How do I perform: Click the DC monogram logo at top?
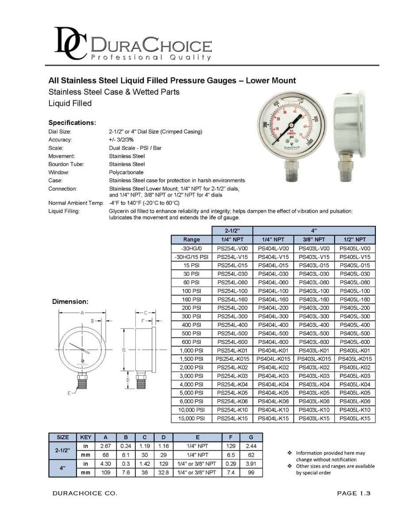pyautogui.click(x=71, y=43)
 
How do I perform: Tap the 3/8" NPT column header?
pyautogui.click(x=314, y=240)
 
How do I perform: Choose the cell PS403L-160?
pyautogui.click(x=314, y=299)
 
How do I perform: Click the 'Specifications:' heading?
pyautogui.click(x=72, y=122)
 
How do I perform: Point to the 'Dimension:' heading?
pyautogui.click(x=70, y=302)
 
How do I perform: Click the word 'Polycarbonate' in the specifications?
pyautogui.click(x=126, y=172)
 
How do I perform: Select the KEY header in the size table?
pyautogui.click(x=86, y=437)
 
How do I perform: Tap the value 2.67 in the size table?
pyautogui.click(x=105, y=446)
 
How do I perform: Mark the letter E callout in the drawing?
pyautogui.click(x=69, y=393)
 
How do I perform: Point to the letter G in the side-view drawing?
pyautogui.click(x=124, y=350)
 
